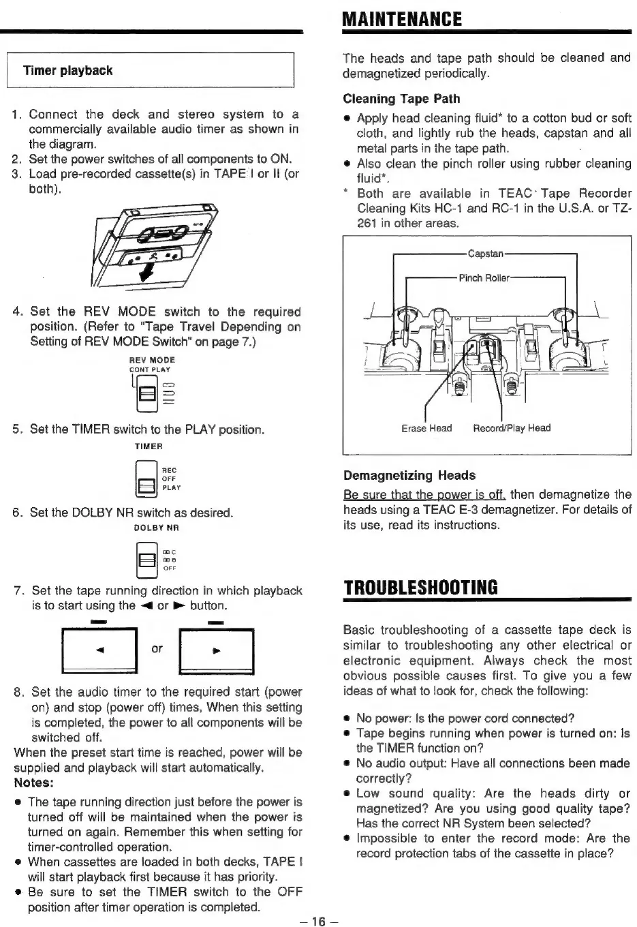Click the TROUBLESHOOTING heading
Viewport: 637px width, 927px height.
point(420,588)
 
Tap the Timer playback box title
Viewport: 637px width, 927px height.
point(67,71)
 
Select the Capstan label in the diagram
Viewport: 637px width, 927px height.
point(485,254)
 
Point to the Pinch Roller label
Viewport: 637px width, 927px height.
point(484,278)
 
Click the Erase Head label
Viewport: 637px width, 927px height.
point(426,428)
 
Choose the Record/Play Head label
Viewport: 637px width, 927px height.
point(512,428)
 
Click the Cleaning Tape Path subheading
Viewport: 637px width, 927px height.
point(401,99)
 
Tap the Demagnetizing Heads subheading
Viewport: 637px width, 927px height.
point(409,475)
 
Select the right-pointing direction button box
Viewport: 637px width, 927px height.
point(215,651)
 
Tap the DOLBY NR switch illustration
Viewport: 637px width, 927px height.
point(146,558)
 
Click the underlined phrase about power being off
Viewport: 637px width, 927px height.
point(424,494)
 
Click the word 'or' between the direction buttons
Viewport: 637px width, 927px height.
point(157,648)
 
